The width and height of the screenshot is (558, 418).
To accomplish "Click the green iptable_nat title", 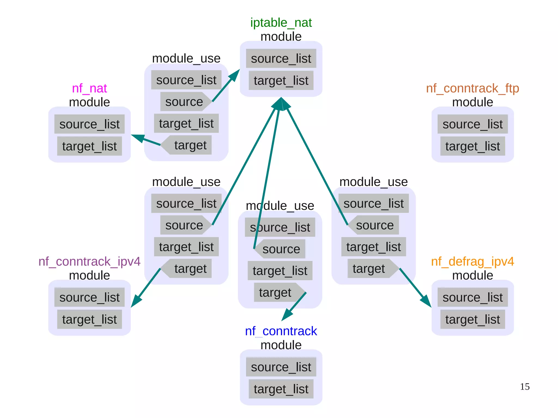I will coord(281,23).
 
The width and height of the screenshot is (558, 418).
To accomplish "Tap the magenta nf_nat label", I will coord(89,88).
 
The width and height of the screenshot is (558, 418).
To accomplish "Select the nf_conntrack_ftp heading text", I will coord(472,88).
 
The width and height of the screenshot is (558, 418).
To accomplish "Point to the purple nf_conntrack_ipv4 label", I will coord(89,261).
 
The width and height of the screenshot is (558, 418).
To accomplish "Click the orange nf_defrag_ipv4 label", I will coord(472,261).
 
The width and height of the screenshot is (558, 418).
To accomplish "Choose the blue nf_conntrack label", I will coord(281,331).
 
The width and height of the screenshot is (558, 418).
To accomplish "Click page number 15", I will coord(524,386).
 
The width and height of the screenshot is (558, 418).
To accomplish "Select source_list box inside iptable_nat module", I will coord(281,58).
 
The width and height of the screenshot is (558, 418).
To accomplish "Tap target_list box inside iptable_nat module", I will coord(281,80).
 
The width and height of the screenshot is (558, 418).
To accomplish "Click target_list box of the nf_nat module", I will coord(89,146).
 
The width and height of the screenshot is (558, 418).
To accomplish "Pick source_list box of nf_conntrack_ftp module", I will coord(472,124).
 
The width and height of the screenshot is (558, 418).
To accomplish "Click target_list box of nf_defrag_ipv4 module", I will coord(472,319).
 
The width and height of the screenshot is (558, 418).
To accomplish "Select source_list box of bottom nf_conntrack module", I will coord(281,367).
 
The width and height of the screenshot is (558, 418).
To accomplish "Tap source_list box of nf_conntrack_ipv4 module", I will coord(89,297).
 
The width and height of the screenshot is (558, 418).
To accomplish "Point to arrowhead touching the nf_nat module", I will coord(138,138).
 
